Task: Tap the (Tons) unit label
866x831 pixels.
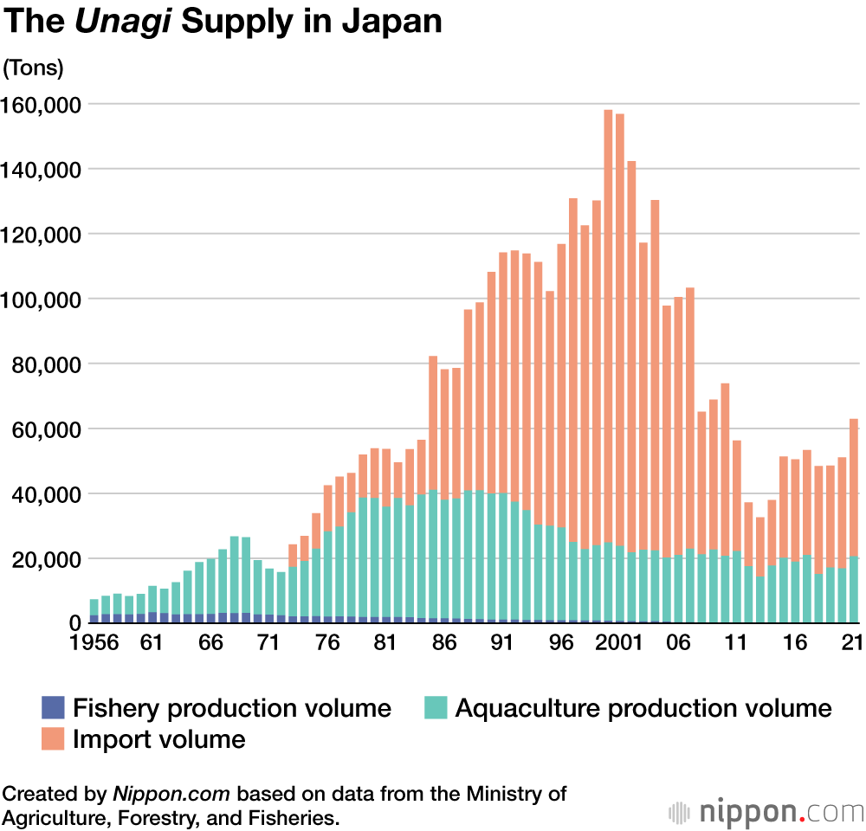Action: pyautogui.click(x=34, y=68)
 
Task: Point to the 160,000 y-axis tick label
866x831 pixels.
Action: pyautogui.click(x=42, y=105)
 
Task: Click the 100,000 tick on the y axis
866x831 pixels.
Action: pyautogui.click(x=42, y=300)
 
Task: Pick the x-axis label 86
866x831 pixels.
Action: pyautogui.click(x=444, y=645)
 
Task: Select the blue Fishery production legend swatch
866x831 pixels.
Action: pyautogui.click(x=54, y=708)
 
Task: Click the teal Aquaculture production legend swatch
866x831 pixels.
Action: pyautogui.click(x=436, y=708)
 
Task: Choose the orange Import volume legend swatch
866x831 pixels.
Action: pyautogui.click(x=54, y=738)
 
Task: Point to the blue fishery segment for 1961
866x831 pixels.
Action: pyautogui.click(x=152, y=617)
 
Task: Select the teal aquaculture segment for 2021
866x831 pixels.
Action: pyautogui.click(x=853, y=589)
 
